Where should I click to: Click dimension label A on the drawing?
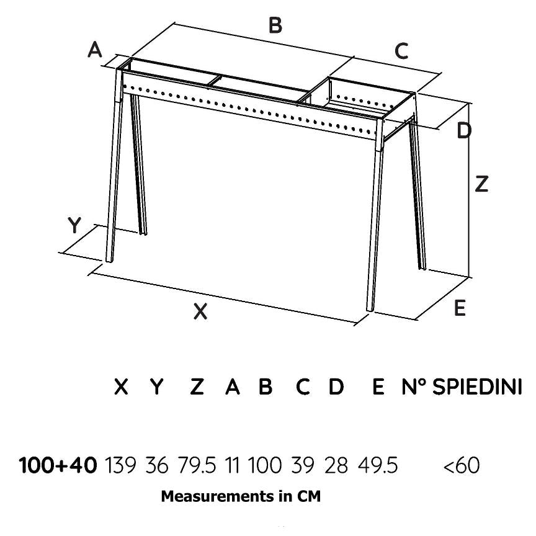[95, 49]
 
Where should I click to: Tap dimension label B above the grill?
[275, 25]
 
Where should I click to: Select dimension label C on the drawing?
[402, 51]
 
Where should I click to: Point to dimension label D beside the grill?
[464, 131]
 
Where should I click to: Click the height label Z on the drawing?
[481, 184]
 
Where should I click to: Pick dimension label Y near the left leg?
[74, 226]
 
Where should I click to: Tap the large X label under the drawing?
[200, 311]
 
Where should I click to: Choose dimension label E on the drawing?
[460, 308]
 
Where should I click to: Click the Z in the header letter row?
[197, 387]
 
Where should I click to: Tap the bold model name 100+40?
[58, 465]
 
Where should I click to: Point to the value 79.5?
[195, 465]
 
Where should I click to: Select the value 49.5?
[378, 465]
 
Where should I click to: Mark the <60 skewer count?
[462, 465]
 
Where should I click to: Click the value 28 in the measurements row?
[336, 465]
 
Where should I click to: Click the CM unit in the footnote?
[310, 497]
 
